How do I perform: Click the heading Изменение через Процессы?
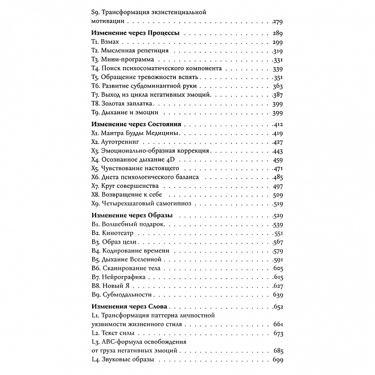tap(135, 34)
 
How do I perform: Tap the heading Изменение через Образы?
tap(132, 215)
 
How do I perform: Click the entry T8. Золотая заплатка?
tap(122, 105)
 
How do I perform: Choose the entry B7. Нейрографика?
tap(118, 277)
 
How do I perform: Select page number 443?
tap(278, 151)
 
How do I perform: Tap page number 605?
tap(278, 268)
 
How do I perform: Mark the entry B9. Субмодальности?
tap(120, 295)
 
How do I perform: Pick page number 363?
tap(278, 86)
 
